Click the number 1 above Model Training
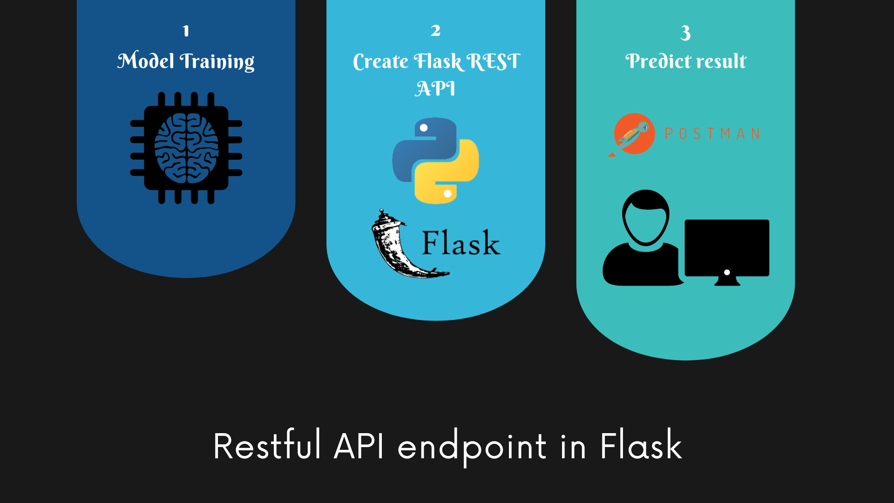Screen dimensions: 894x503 186,31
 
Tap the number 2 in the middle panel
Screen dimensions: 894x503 435,31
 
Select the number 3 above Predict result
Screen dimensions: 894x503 685,33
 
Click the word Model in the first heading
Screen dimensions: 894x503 146,61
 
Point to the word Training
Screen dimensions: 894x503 217,62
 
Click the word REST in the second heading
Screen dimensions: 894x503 493,61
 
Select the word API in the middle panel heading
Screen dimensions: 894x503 435,88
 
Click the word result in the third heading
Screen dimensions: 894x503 721,61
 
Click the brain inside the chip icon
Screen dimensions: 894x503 186,148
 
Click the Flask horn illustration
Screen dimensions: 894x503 396,247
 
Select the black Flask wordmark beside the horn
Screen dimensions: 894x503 461,243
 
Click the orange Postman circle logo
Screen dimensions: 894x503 634,134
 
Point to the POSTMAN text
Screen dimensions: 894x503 712,134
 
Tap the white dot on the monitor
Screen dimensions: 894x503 727,272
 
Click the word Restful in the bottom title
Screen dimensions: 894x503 267,446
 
